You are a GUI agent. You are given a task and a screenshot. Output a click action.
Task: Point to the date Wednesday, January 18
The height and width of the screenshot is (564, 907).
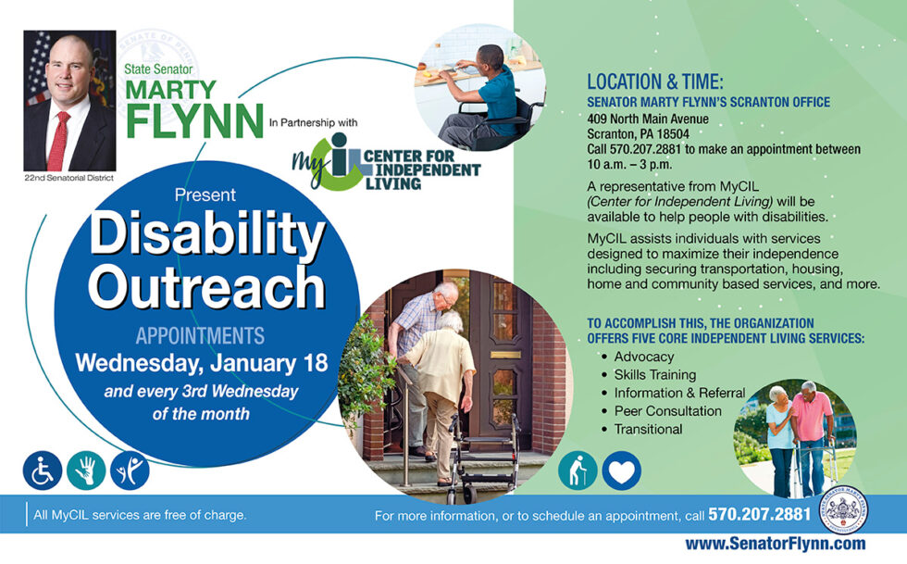pos(202,362)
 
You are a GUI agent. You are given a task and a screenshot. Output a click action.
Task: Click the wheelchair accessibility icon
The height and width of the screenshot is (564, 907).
pos(43,470)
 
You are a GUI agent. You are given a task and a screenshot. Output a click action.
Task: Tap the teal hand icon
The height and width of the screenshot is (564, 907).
pos(86,470)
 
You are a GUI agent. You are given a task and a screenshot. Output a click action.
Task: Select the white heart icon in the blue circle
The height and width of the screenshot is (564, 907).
pos(621,470)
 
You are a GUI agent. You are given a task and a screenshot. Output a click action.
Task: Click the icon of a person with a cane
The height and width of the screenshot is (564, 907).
pos(578,470)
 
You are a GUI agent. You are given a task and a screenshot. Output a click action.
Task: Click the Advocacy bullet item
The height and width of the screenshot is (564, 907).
pos(643,357)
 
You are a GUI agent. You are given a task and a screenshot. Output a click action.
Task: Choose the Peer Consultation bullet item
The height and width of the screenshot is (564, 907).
pos(667,410)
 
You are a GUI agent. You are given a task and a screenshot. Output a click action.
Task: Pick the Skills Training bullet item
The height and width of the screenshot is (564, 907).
pos(654,374)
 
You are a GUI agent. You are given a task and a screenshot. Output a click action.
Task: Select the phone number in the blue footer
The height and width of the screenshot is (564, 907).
pos(759,514)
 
